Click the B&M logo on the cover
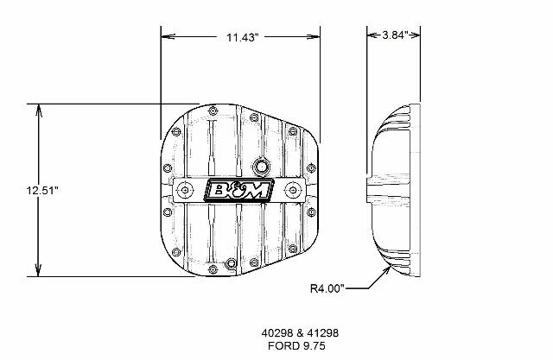[x=238, y=189]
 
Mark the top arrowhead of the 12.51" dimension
[x=38, y=110]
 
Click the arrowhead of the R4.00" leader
[x=385, y=271]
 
